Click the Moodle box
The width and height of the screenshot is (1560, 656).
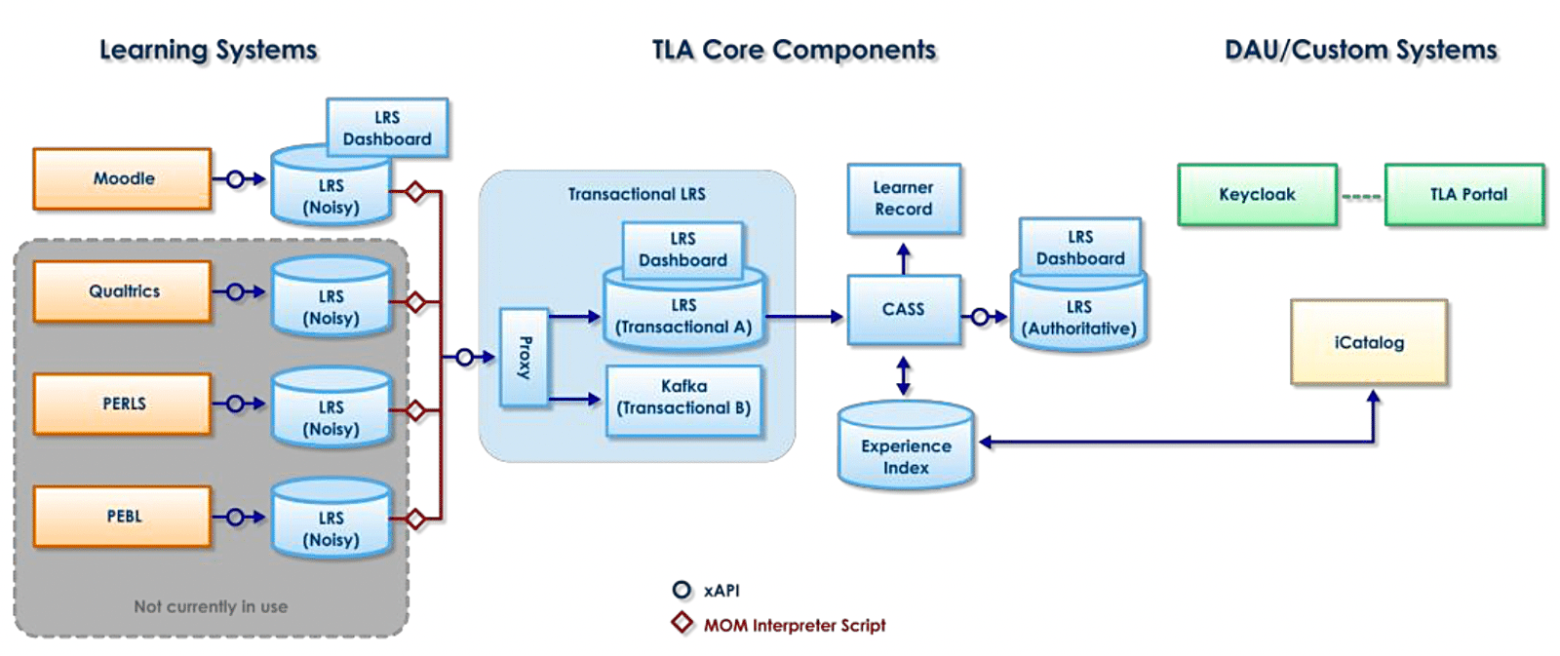(x=123, y=178)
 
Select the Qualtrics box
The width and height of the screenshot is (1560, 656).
(x=123, y=291)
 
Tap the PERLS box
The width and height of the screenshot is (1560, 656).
(x=123, y=404)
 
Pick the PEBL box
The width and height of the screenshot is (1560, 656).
(x=123, y=517)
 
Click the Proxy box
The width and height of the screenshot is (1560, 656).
(x=524, y=357)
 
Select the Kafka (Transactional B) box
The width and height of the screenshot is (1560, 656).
(x=683, y=398)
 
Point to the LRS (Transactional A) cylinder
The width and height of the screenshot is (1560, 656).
(x=683, y=318)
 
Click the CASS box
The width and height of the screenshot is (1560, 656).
(x=903, y=310)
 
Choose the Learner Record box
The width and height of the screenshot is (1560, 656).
(x=903, y=199)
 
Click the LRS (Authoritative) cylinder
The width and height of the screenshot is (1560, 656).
(x=1078, y=314)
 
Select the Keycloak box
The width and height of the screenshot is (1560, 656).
(x=1257, y=195)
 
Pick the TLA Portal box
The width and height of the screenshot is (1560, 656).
(x=1464, y=195)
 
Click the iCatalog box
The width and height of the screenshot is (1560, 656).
(x=1369, y=342)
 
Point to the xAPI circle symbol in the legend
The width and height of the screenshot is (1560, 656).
(x=682, y=590)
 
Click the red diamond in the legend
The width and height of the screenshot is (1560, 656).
(x=682, y=623)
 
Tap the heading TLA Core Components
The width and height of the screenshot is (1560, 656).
(x=794, y=50)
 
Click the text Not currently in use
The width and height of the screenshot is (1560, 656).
(x=211, y=606)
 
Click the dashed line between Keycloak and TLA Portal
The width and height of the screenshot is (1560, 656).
(x=1361, y=197)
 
